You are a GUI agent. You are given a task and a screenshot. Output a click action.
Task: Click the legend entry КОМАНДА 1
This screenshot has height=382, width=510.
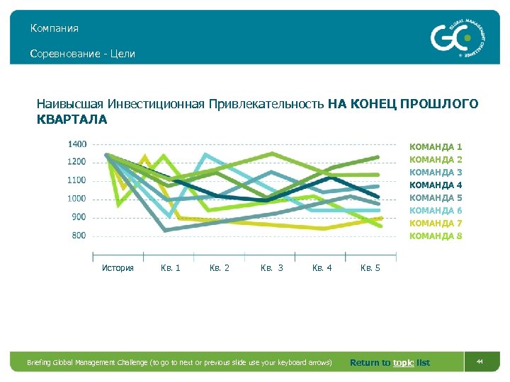(x=436, y=146)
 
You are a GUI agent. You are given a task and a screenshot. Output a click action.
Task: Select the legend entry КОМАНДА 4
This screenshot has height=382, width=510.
(x=436, y=185)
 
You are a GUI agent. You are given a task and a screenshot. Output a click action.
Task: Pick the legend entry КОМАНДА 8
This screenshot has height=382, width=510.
(x=436, y=236)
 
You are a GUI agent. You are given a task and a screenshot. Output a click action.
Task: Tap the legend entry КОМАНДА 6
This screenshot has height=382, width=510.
(x=436, y=210)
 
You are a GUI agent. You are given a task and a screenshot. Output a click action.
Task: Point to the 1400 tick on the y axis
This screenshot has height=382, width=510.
(x=77, y=144)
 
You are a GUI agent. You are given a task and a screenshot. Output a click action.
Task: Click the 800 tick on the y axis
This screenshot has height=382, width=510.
(x=79, y=235)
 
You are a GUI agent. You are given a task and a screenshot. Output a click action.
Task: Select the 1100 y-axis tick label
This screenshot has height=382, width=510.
(x=77, y=180)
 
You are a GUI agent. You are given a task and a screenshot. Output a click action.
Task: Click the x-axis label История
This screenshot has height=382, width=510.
(x=118, y=268)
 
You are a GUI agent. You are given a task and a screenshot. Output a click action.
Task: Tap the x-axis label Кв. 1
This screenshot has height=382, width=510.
(x=170, y=268)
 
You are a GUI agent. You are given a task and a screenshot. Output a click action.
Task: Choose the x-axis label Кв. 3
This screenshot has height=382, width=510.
(x=271, y=268)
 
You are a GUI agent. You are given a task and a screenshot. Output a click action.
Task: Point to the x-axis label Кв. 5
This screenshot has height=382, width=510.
(x=370, y=268)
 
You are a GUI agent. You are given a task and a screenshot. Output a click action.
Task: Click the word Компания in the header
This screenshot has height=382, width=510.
(x=55, y=28)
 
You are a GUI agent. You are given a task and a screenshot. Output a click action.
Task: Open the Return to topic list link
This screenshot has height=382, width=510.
(x=390, y=363)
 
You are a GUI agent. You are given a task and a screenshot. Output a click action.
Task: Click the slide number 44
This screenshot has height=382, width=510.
(x=479, y=362)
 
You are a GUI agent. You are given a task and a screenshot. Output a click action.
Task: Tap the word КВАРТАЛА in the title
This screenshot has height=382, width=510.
(x=72, y=120)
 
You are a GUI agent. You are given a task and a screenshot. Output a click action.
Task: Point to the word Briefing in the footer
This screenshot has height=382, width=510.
(x=40, y=363)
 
